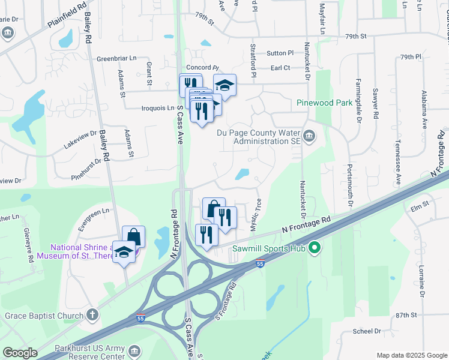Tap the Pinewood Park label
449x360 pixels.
pyautogui.click(x=324, y=103)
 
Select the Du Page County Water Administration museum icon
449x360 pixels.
pyautogui.click(x=310, y=137)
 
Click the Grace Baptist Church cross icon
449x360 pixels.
pyautogui.click(x=92, y=314)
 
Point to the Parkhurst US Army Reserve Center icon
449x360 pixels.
pyautogui.click(x=135, y=350)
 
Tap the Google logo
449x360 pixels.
pyautogui.click(x=20, y=353)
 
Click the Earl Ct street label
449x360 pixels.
pyautogui.click(x=280, y=68)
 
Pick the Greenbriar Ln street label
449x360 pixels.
pyautogui.click(x=116, y=59)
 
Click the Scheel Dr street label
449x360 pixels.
pyautogui.click(x=367, y=331)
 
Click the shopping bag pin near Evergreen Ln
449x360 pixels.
pyautogui.click(x=133, y=236)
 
